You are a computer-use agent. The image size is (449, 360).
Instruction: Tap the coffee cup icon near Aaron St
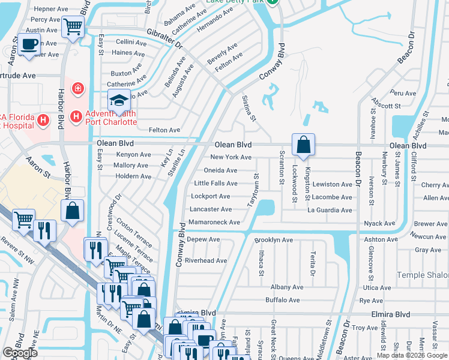point(28,43)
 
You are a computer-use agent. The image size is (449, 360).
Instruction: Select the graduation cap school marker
point(119,100)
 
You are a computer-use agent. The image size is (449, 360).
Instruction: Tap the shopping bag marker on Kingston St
point(304,145)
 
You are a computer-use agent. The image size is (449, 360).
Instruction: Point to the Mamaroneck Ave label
point(215,223)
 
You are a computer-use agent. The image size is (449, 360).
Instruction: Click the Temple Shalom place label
point(423,275)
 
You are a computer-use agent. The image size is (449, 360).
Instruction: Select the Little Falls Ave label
point(215,184)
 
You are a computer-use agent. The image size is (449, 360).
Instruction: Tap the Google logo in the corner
point(20,353)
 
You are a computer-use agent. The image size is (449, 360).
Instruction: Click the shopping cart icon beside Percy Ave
point(73,26)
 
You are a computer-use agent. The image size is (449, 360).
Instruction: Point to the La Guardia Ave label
point(330,210)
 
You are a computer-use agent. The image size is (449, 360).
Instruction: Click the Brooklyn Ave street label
point(273,240)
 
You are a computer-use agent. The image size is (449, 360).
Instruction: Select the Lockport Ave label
point(210,196)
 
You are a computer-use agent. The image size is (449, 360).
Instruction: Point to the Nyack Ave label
point(381,223)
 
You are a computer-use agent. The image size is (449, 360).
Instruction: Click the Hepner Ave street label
point(51,9)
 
